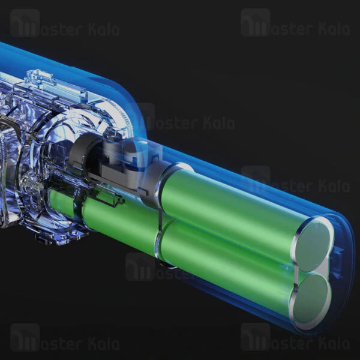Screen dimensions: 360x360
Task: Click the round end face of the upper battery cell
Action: [313, 245]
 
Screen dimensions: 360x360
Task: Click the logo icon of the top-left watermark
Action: [25, 23]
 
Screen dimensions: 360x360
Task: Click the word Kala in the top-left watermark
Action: [104, 29]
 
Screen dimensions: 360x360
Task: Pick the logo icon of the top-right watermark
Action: [256, 23]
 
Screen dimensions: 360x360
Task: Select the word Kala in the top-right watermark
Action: [334, 29]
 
